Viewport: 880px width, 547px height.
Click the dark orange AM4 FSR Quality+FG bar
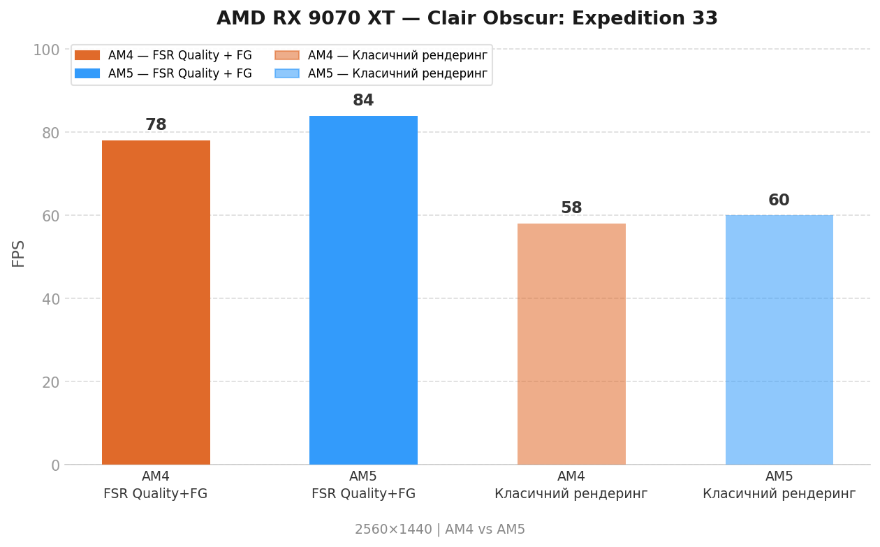(156, 302)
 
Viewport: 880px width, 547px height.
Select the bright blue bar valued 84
(363, 290)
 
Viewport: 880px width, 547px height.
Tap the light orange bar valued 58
(571, 344)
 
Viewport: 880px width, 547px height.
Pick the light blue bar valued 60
(779, 340)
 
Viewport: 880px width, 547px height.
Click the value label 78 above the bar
(156, 125)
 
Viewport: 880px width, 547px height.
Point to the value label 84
(363, 101)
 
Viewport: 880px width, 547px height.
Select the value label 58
(571, 208)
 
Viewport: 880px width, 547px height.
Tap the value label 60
(779, 200)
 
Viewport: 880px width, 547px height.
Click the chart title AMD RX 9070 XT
(467, 19)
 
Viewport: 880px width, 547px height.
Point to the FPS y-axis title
(19, 253)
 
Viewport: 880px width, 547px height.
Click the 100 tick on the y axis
(46, 50)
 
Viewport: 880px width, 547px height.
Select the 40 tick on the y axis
(50, 299)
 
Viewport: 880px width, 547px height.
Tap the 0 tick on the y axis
(55, 465)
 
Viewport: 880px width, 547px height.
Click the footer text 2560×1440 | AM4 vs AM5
(440, 530)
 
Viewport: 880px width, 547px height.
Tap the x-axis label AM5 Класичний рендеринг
(779, 485)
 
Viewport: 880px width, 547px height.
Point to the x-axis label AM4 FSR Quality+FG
(156, 485)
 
